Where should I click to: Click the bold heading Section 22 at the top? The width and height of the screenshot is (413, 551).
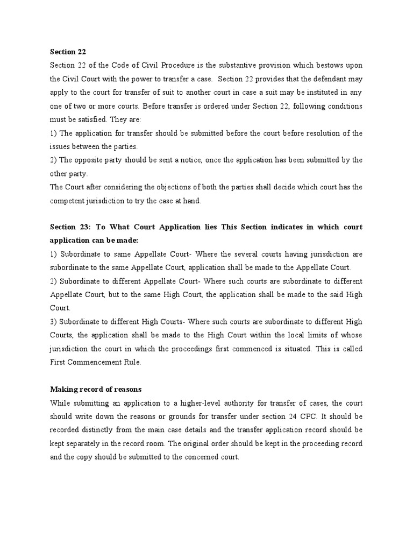(68, 52)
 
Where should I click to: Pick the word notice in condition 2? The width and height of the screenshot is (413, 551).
(180, 160)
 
